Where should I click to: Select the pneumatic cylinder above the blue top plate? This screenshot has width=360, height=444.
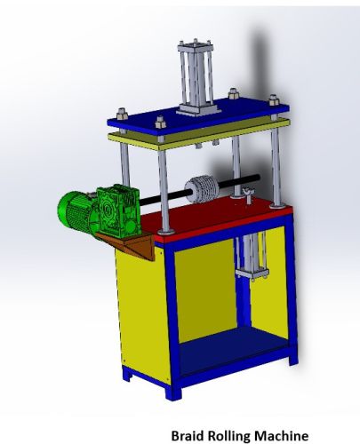(x=196, y=80)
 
